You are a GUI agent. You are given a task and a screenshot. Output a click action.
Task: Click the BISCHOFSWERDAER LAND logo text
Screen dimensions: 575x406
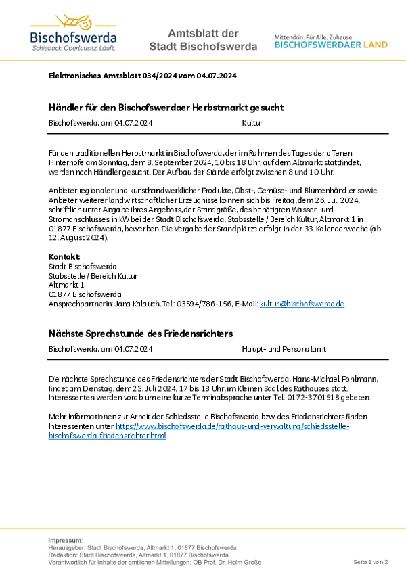point(331,45)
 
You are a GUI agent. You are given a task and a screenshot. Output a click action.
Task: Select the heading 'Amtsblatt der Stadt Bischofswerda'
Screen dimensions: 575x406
point(203,40)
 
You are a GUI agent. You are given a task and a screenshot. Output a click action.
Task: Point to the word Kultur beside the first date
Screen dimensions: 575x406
point(252,123)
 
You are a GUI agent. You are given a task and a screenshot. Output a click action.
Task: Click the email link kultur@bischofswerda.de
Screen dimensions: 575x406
point(302,304)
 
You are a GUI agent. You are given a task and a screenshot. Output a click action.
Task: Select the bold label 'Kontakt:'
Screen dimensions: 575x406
point(64,257)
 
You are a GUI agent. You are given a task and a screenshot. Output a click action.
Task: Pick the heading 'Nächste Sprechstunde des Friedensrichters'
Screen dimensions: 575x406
point(141,333)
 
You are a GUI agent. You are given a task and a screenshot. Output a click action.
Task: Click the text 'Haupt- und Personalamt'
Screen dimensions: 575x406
point(284,349)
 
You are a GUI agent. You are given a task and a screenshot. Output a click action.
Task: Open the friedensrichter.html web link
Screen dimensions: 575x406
point(108,436)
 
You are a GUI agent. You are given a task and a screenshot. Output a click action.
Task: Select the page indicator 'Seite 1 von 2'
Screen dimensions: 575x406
point(370,562)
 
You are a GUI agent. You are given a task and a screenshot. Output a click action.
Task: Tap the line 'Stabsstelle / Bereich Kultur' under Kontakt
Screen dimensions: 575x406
point(93,276)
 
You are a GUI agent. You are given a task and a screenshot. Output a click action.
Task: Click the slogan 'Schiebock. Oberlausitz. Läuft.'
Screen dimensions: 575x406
point(73,49)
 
